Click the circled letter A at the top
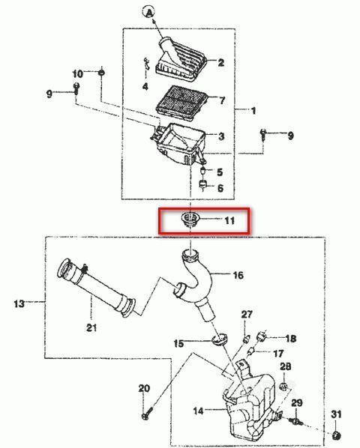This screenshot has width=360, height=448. point(148,12)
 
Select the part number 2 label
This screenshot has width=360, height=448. point(220,62)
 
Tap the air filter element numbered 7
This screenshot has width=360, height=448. point(181,102)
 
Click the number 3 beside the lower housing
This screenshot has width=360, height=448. point(221,136)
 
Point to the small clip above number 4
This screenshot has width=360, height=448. point(146,63)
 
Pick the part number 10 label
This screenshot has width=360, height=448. point(77,73)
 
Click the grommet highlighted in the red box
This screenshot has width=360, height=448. point(189,219)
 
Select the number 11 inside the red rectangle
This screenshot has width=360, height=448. point(229,220)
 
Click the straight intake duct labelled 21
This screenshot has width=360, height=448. point(96,288)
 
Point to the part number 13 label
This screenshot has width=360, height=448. point(19,303)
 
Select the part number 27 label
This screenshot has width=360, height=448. point(247,315)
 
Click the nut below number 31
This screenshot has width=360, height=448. point(337,435)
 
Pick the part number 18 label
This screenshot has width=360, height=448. point(290,339)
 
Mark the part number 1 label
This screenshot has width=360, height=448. point(253,110)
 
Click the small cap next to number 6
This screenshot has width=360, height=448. point(203,184)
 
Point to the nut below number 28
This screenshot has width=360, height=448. point(283,387)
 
